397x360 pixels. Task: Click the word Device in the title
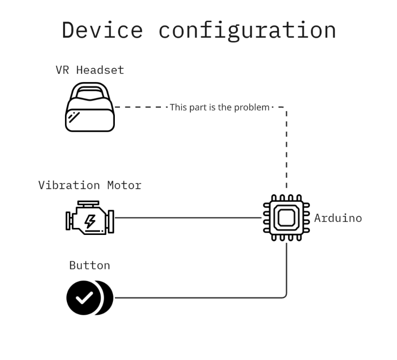(102, 30)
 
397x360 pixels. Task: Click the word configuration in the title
(247, 30)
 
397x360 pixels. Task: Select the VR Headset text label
(89, 70)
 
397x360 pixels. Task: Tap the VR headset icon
(89, 107)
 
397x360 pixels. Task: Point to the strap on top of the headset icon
(89, 90)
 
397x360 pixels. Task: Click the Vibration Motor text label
(89, 186)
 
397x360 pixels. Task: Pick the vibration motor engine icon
(89, 218)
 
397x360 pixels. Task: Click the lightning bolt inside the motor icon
(90, 221)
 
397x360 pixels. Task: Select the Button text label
(89, 265)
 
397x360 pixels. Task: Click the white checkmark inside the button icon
(83, 298)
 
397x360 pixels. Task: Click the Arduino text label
(338, 218)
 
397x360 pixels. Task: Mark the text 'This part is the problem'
(219, 108)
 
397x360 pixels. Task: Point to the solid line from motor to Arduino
(187, 218)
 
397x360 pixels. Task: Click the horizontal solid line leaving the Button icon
(194, 298)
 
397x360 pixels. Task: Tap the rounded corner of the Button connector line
(285, 296)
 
